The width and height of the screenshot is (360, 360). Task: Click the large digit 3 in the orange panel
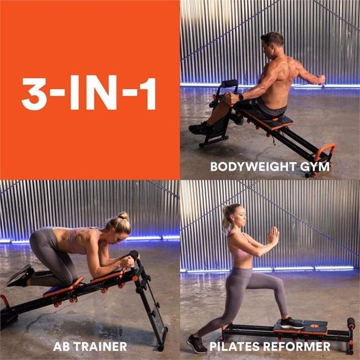pyautogui.click(x=34, y=94)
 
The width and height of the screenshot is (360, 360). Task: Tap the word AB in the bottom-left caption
pyautogui.click(x=61, y=346)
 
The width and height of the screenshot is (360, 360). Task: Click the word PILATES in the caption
pyautogui.click(x=235, y=346)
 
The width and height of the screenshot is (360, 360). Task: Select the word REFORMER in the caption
pyautogui.click(x=297, y=346)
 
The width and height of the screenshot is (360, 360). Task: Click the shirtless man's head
pyautogui.click(x=272, y=44)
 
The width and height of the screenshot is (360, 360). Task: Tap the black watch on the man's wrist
pyautogui.click(x=241, y=97)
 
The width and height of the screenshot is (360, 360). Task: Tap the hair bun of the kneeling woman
pyautogui.click(x=123, y=216)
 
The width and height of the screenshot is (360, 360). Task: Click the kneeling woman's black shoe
pyautogui.click(x=20, y=276)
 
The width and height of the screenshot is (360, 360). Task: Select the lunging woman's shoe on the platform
pyautogui.click(x=291, y=323)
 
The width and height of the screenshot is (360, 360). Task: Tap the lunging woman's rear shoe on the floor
pyautogui.click(x=197, y=344)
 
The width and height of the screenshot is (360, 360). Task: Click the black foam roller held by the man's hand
pyautogui.click(x=229, y=84)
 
